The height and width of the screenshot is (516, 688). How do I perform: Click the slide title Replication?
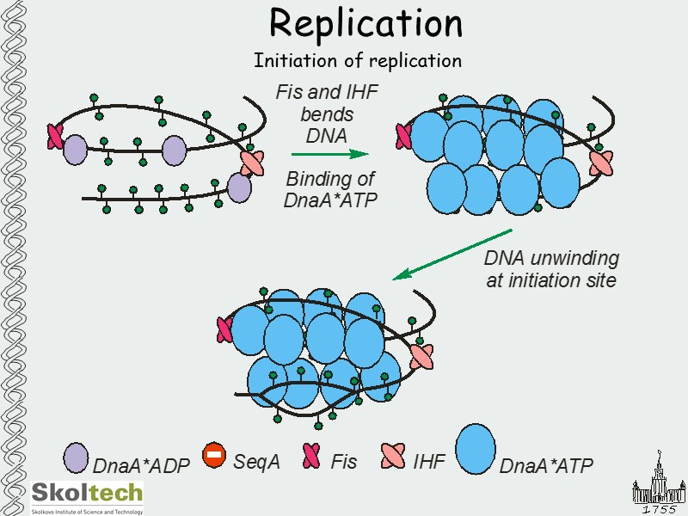365,23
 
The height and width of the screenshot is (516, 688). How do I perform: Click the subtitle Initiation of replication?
357,61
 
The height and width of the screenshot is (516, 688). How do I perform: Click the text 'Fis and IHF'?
327,93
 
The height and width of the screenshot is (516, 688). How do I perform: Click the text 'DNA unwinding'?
551,259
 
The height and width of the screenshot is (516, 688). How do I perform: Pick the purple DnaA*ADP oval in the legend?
77,458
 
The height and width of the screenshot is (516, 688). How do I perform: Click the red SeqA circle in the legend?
214,455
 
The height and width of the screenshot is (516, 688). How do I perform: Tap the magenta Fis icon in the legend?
311,455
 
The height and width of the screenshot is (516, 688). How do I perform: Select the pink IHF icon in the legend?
392,455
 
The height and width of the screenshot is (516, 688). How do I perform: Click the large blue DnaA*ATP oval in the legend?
476,448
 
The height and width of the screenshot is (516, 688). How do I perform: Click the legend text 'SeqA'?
256,461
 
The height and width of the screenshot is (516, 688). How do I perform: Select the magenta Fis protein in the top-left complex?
55,135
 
